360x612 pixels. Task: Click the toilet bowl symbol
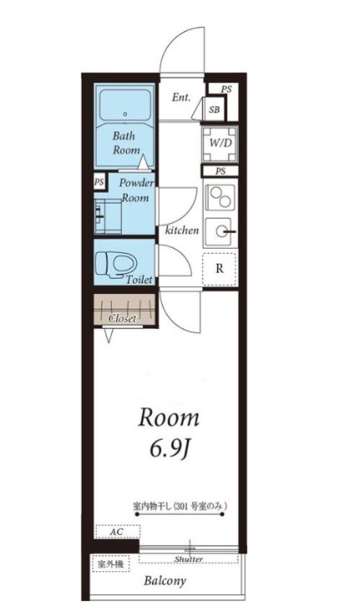point(115,265)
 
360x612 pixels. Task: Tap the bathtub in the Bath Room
point(125,105)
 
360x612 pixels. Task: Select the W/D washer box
point(221,144)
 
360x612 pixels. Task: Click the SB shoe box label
point(214,109)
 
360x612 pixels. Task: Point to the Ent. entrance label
point(181,97)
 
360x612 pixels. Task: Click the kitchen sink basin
point(221,232)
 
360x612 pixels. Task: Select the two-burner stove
point(221,198)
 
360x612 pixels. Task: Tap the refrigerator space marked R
point(220,270)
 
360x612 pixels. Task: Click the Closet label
point(123,318)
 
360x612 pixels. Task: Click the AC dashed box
point(118,533)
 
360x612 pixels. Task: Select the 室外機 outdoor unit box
point(111,564)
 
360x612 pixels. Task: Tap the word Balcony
point(165,581)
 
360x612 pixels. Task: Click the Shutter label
point(189,559)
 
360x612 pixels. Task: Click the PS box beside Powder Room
point(99,182)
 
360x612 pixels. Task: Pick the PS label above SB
point(226,89)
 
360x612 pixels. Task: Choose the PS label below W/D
point(221,171)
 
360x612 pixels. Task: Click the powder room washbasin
point(108,216)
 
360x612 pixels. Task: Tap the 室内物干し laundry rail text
point(180,507)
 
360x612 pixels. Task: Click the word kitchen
point(182,230)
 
